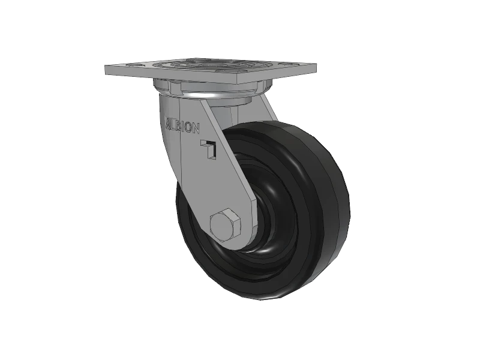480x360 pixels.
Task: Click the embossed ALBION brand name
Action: (184, 125)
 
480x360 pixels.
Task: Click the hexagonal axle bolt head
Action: (226, 226)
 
